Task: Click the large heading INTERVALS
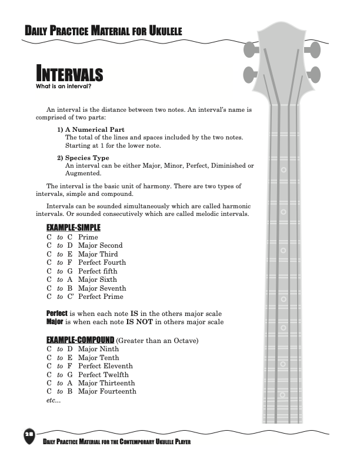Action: (x=69, y=75)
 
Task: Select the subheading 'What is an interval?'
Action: (x=63, y=86)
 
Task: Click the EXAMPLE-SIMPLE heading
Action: (x=74, y=228)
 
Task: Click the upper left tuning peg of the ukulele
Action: (x=251, y=51)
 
